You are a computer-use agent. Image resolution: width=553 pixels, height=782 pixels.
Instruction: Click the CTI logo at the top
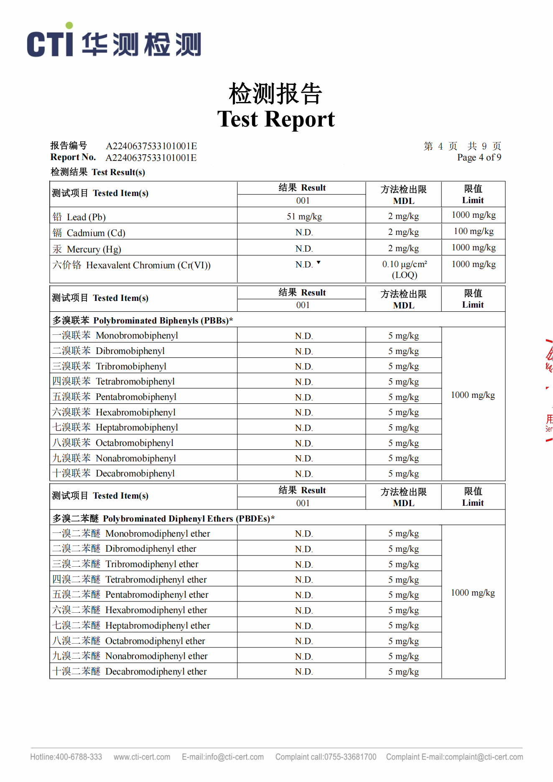[x=114, y=41]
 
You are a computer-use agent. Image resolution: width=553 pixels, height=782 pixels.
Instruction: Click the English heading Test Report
[x=276, y=119]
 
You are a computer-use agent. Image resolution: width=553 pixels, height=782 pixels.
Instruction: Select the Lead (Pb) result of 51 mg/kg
[x=304, y=217]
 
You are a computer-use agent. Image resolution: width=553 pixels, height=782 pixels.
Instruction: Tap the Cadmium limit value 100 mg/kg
[x=474, y=231]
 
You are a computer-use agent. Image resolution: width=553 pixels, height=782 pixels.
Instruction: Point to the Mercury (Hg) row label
[x=87, y=249]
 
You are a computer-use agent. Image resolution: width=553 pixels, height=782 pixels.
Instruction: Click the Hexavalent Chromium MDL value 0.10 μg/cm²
[x=404, y=264]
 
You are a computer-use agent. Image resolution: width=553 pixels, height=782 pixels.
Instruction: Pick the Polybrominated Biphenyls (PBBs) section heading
[x=143, y=321]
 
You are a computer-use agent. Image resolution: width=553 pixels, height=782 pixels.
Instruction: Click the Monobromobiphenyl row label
[x=115, y=335]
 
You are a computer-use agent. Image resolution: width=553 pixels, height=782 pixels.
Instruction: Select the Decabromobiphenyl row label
[x=114, y=473]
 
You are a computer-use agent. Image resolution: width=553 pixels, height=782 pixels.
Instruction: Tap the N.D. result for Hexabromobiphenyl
[x=303, y=413]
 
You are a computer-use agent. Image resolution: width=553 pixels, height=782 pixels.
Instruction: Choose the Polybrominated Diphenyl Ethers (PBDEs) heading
[x=163, y=519]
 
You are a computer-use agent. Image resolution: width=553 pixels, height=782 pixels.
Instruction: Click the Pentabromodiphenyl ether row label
[x=130, y=594]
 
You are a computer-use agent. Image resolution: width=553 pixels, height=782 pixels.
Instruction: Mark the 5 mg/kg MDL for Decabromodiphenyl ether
[x=403, y=672]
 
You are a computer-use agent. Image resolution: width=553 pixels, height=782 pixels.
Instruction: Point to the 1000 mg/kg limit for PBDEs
[x=473, y=593]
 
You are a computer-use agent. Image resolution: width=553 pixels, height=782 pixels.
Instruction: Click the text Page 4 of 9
[x=479, y=158]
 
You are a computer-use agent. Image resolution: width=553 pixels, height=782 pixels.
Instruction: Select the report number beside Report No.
[x=151, y=158]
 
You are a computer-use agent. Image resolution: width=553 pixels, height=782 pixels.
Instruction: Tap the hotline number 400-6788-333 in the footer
[x=66, y=757]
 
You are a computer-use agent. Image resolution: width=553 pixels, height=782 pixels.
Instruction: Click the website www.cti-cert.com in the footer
[x=142, y=757]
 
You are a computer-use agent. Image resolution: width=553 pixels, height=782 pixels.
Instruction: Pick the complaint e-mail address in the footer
[x=454, y=757]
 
